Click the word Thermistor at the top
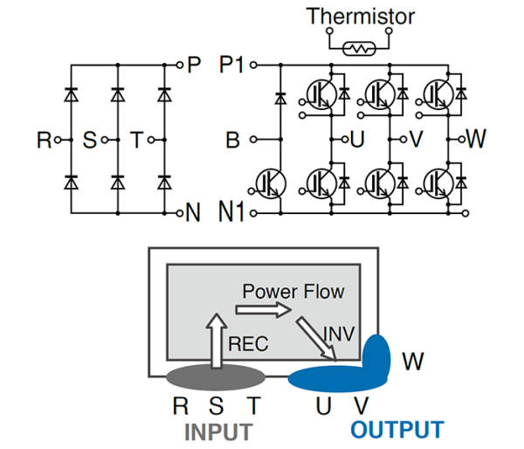pyautogui.click(x=359, y=16)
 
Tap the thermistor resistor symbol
pyautogui.click(x=359, y=49)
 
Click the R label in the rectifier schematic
pyautogui.click(x=44, y=139)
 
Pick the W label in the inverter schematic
pyautogui.click(x=476, y=138)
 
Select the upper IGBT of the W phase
pyautogui.click(x=439, y=92)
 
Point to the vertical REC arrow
pyautogui.click(x=215, y=336)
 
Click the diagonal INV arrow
pyautogui.click(x=316, y=338)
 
